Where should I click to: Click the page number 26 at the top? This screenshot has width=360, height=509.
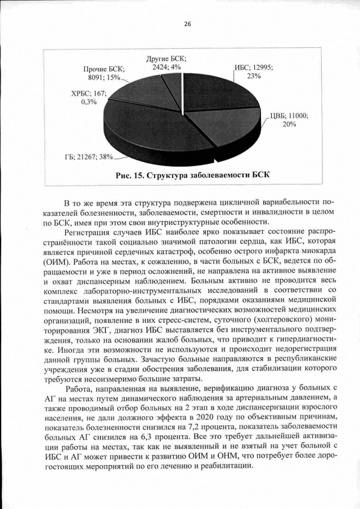pyautogui.click(x=187, y=24)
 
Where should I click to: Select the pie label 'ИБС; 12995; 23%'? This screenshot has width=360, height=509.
pyautogui.click(x=254, y=72)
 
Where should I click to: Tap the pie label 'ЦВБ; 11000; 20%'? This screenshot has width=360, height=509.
pyautogui.click(x=289, y=120)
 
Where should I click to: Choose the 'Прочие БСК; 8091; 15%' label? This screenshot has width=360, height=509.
pyautogui.click(x=103, y=73)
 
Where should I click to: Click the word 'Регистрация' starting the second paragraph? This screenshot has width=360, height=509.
pyautogui.click(x=89, y=232)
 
